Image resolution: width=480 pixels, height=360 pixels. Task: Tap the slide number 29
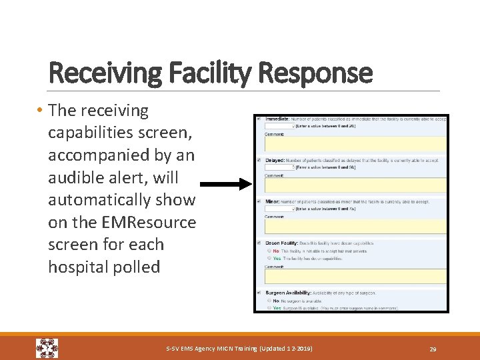click(432, 349)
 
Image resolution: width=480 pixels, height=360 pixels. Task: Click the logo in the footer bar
click(47, 348)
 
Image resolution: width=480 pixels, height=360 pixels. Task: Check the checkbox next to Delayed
click(259, 160)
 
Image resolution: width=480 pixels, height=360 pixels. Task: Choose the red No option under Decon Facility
click(276, 251)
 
